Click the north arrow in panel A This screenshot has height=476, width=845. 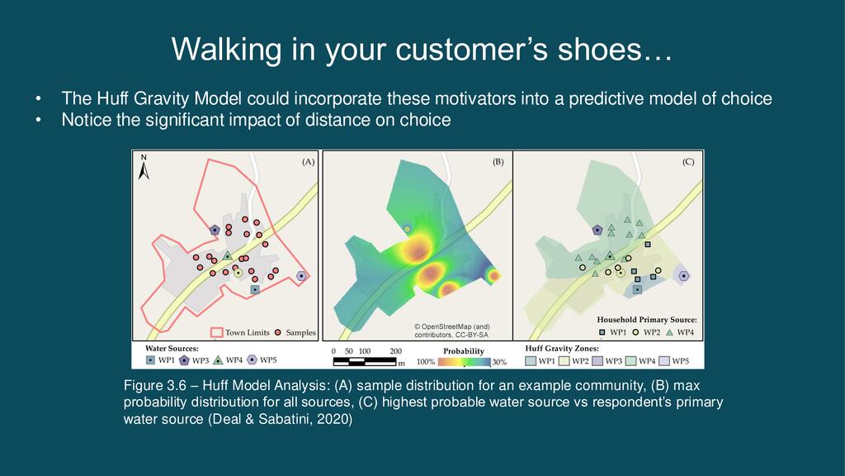click(x=144, y=168)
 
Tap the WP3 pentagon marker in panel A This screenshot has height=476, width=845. click(x=215, y=230)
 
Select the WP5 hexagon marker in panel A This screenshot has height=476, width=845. click(x=301, y=276)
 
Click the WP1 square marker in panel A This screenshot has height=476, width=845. click(x=255, y=289)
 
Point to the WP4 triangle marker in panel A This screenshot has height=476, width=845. click(x=228, y=256)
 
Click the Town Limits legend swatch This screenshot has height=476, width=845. click(x=217, y=332)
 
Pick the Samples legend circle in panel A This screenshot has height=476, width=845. click(x=278, y=332)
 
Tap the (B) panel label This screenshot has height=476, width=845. click(x=498, y=161)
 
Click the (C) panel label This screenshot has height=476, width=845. click(x=688, y=161)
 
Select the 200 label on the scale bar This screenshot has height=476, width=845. click(x=395, y=351)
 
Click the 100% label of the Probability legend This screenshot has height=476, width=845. click(x=426, y=362)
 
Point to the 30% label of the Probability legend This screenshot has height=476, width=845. click(x=499, y=362)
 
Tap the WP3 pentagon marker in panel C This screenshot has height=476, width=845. click(x=597, y=230)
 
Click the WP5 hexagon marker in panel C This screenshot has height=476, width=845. click(x=683, y=276)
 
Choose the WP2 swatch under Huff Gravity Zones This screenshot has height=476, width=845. click(x=564, y=360)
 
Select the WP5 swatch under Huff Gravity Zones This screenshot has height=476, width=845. click(x=664, y=360)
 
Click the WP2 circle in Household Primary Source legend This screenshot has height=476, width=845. click(x=636, y=332)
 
